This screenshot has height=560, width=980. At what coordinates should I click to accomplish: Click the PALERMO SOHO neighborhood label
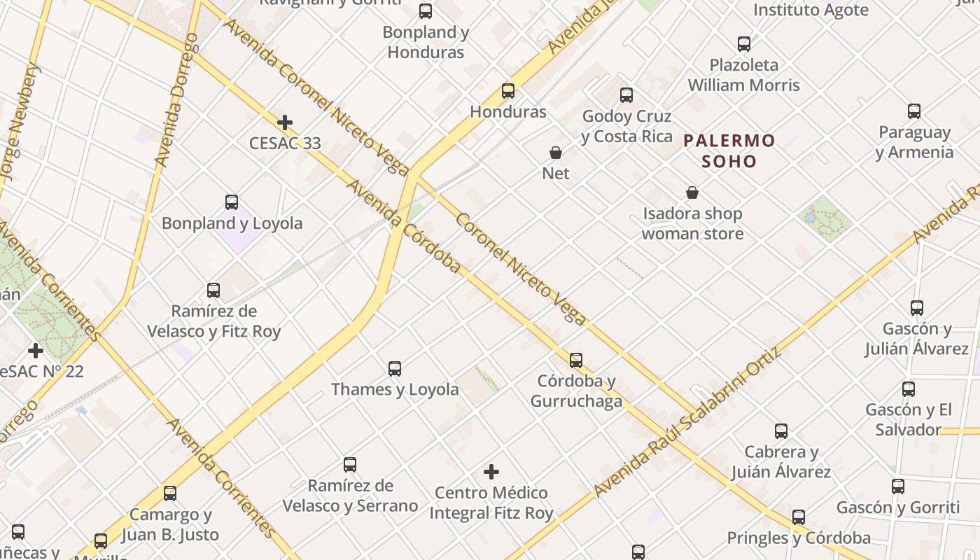[x=729, y=151]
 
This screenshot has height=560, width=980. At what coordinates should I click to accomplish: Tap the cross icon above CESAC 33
[x=285, y=123]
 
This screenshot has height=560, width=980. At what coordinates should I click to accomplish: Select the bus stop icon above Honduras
[x=508, y=91]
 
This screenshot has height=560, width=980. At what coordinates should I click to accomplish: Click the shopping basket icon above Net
[x=556, y=153]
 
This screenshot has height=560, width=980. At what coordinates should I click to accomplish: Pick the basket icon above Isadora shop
[x=692, y=192]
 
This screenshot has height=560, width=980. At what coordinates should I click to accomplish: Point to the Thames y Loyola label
[x=395, y=389]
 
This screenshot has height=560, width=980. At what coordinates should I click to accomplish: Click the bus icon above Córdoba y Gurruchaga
[x=576, y=360]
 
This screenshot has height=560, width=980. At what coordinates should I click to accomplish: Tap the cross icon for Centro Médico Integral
[x=492, y=472]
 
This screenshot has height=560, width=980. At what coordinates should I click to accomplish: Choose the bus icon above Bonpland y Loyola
[x=232, y=202]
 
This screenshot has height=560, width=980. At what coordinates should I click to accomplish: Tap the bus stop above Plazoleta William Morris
[x=744, y=44]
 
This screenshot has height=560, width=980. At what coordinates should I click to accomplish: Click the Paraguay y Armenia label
[x=914, y=142]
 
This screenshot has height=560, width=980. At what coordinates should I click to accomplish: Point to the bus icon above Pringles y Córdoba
[x=799, y=517]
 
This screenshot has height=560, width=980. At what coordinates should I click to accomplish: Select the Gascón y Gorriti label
[x=898, y=507]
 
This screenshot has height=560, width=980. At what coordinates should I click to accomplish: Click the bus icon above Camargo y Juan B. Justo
[x=170, y=493]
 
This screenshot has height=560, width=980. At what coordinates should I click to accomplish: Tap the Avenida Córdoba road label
[x=404, y=226]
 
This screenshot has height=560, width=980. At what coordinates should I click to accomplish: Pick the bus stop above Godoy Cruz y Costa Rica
[x=626, y=94]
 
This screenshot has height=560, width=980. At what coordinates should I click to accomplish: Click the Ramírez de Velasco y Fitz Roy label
[x=213, y=321]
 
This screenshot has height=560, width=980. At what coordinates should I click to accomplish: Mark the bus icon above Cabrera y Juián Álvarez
[x=781, y=431]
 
